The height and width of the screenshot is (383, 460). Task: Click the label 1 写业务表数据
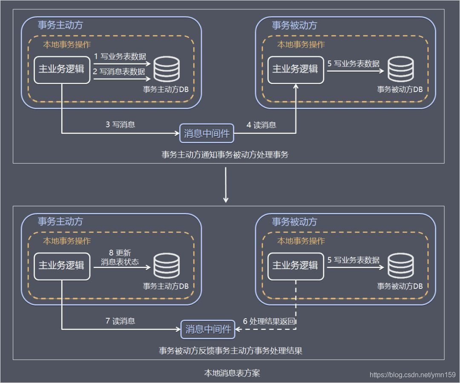pos(120,56)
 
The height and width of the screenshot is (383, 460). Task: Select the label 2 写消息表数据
pos(119,72)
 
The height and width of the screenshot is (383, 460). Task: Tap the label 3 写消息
pos(121,124)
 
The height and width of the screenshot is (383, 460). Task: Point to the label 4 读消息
pos(262,125)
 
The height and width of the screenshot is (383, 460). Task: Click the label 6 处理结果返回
pos(269,321)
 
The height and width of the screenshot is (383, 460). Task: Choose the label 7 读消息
pos(120,321)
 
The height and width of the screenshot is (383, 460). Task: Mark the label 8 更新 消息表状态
pos(120,257)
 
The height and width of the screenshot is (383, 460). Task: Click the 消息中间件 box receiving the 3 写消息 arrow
pos(207,133)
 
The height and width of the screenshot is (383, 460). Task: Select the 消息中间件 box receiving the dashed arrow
pos(208,329)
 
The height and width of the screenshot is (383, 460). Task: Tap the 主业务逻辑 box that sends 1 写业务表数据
pos(62,70)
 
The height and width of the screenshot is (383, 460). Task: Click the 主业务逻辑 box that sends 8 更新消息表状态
pos(62,266)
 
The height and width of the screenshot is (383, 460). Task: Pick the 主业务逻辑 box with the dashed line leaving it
pos(296,266)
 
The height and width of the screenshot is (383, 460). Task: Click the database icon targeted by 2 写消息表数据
pos(167,69)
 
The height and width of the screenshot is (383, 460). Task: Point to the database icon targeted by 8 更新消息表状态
pos(167,265)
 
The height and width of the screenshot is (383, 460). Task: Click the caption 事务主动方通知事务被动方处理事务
pos(225,155)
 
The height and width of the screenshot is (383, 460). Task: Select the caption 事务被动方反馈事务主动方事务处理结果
pos(230,351)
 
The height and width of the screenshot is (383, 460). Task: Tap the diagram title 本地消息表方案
pos(232,373)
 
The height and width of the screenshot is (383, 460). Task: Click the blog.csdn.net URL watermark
pos(412,375)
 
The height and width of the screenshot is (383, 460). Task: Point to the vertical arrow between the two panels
pos(226,185)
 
